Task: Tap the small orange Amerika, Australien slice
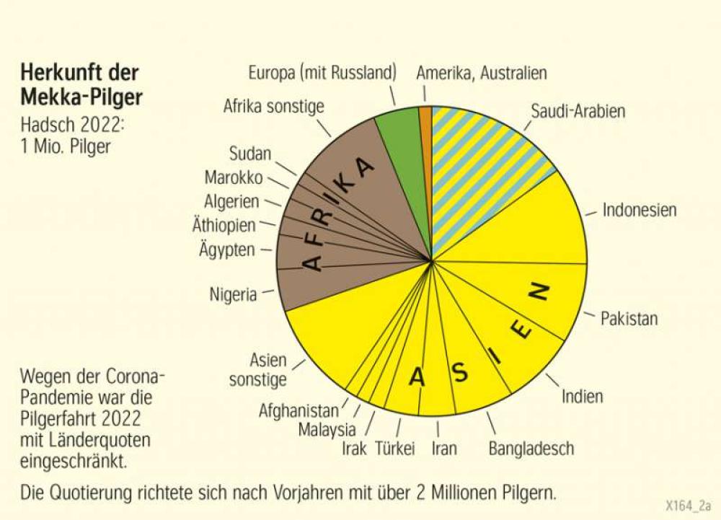(425, 119)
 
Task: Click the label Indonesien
(640, 211)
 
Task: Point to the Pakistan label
(629, 318)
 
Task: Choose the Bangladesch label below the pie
(531, 449)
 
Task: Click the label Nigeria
(233, 294)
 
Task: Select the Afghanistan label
(298, 411)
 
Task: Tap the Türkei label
(395, 449)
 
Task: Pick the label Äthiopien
(224, 226)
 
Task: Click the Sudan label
(250, 154)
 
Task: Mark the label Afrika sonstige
(274, 107)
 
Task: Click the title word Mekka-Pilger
(81, 96)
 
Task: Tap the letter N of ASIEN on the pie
(539, 292)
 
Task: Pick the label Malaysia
(327, 430)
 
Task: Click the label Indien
(583, 396)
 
